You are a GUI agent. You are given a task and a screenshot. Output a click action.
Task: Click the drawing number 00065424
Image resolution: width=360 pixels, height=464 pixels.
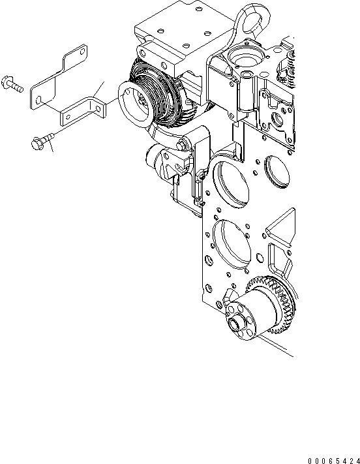pos(334,461)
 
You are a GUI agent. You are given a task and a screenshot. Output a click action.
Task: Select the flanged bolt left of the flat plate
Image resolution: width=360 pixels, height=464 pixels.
pos(12,84)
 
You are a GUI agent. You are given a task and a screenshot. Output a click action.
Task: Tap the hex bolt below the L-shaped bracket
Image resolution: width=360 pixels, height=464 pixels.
pos(42,141)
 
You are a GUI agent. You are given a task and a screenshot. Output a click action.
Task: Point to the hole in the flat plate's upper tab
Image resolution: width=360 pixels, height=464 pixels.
pos(82,52)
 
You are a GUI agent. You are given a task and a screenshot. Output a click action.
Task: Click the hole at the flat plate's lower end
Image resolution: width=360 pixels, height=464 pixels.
pos(38,100)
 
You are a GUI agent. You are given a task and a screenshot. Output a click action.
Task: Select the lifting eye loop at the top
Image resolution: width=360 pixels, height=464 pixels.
pos(252,22)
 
